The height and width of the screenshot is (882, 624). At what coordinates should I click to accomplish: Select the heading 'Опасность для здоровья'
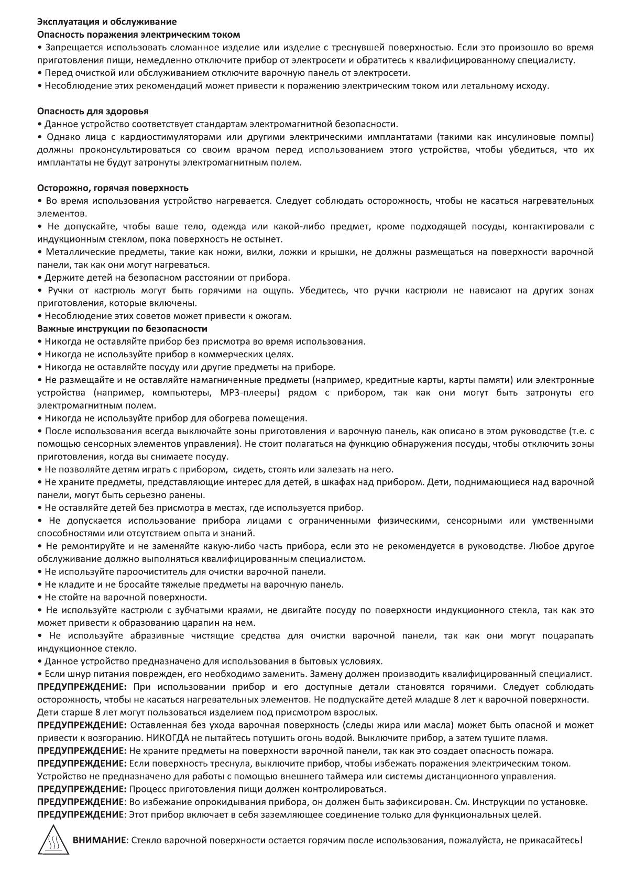93,112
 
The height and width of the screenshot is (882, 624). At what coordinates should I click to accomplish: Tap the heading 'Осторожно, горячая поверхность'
113,188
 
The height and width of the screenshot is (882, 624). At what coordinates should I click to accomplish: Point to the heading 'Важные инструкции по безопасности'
122,329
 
